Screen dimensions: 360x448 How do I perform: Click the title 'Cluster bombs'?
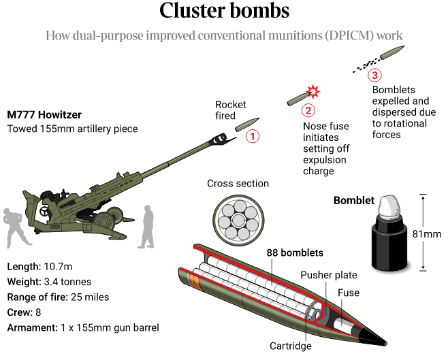(x=224, y=12)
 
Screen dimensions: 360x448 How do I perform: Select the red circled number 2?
(x=308, y=110)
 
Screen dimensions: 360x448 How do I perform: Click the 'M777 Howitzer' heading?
(x=44, y=114)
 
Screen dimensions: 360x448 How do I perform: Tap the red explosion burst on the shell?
(x=314, y=91)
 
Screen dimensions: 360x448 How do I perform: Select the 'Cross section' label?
(x=238, y=184)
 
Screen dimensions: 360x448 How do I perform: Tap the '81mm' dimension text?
(x=427, y=234)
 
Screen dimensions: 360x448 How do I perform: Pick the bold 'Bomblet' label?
(x=353, y=200)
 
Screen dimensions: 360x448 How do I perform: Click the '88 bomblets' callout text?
(x=295, y=252)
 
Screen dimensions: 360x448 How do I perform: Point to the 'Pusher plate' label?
(x=328, y=275)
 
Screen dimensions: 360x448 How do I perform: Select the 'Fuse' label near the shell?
(x=349, y=293)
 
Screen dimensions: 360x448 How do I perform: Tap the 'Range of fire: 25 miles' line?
(x=58, y=297)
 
